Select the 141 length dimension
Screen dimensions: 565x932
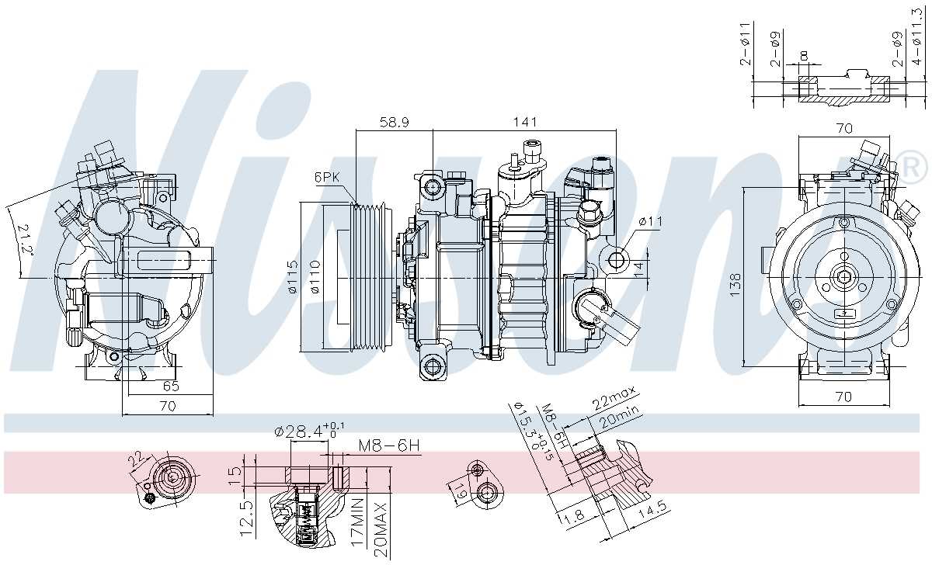coord(525,122)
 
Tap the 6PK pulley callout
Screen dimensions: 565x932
coord(327,177)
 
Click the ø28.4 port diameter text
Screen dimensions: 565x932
coord(303,431)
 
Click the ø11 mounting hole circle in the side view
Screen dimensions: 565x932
coord(618,259)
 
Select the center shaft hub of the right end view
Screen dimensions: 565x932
coord(843,276)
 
